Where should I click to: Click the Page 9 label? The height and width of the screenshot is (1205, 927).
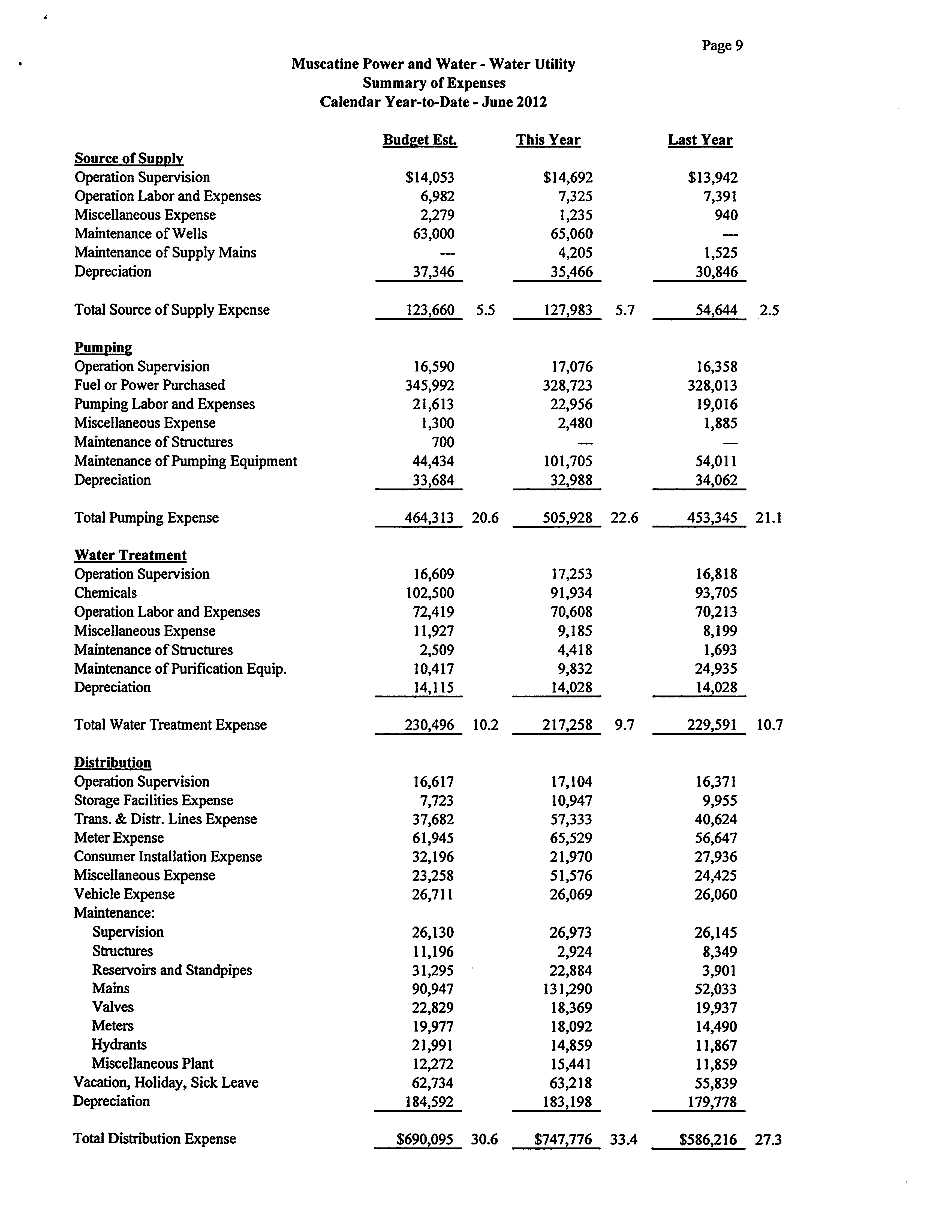(722, 45)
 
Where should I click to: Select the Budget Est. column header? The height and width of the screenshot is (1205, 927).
(420, 140)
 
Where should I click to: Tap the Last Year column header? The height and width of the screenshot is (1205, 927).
(700, 140)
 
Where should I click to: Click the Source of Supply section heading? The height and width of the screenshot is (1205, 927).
(128, 159)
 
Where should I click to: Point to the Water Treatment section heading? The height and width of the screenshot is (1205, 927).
(130, 556)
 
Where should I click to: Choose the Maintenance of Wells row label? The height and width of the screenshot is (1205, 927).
(141, 234)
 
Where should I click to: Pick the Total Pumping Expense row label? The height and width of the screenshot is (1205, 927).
(146, 518)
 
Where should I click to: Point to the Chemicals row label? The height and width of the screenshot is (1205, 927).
(105, 593)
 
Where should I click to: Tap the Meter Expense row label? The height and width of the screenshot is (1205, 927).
(119, 838)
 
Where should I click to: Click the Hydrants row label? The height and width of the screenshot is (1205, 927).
(119, 1045)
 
